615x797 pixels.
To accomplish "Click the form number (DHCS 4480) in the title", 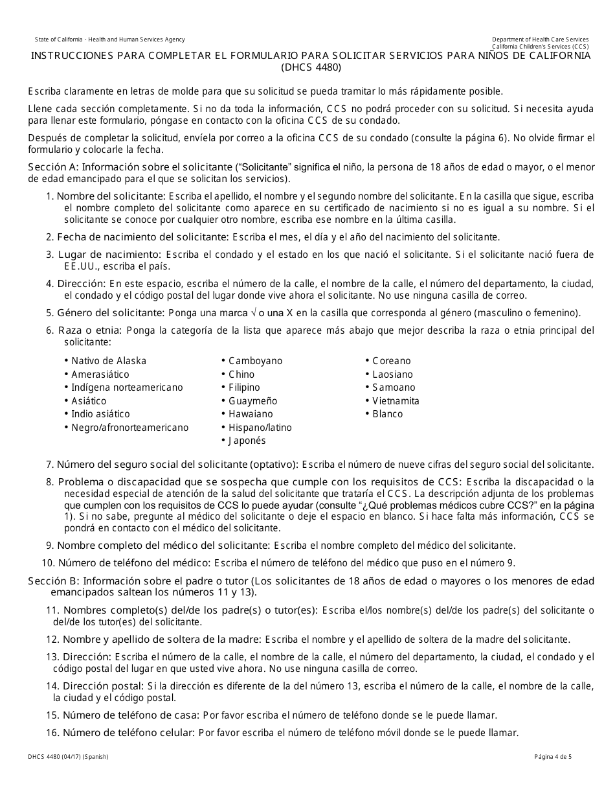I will pos(311,67).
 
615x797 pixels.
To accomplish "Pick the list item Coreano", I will pos(392,361).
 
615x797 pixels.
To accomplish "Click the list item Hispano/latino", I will pos(260,428).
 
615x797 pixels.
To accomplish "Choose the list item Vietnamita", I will pos(396,401).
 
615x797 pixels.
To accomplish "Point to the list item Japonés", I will pos(247,441).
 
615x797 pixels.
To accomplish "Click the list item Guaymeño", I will pos(252,401).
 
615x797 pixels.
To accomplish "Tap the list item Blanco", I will pos(387,414).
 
